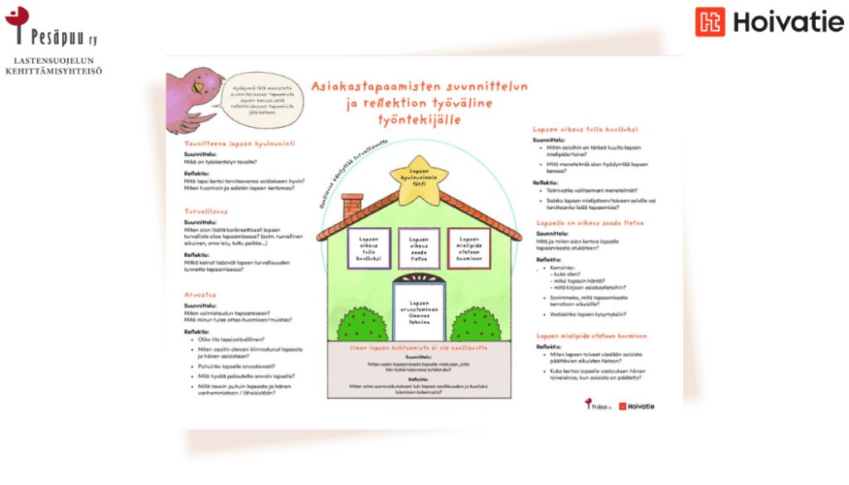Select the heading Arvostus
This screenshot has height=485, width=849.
click(200, 294)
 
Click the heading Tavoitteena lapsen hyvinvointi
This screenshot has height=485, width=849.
click(240, 143)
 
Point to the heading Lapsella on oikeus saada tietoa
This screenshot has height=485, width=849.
click(590, 223)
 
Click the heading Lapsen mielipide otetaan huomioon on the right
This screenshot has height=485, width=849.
click(590, 336)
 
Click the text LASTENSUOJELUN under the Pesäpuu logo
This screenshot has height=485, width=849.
click(54, 61)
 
